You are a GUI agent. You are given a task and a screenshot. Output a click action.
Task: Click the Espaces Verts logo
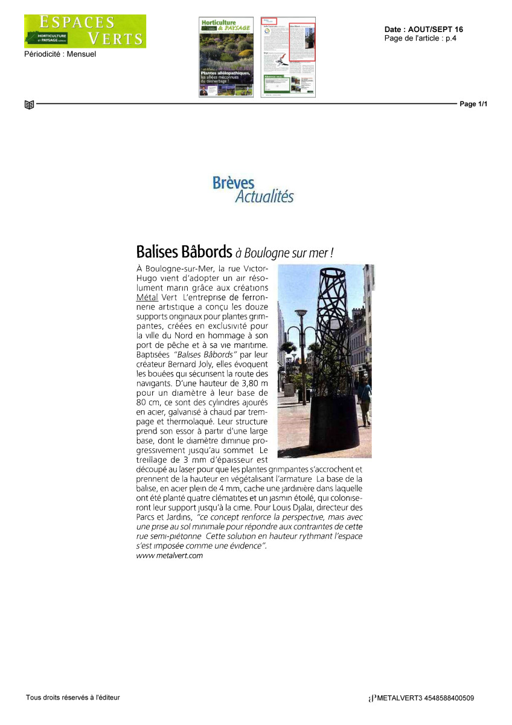85,31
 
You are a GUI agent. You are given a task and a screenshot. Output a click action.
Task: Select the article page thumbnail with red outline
288,57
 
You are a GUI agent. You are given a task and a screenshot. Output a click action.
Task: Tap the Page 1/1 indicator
473,104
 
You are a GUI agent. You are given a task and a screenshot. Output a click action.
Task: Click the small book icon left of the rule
28,105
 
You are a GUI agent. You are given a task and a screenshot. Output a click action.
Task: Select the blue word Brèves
233,182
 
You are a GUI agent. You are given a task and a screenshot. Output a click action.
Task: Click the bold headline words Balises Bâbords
184,251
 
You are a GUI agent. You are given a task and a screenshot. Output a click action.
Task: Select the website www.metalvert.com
170,556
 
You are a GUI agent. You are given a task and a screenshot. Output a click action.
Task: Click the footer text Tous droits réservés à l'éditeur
72,697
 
